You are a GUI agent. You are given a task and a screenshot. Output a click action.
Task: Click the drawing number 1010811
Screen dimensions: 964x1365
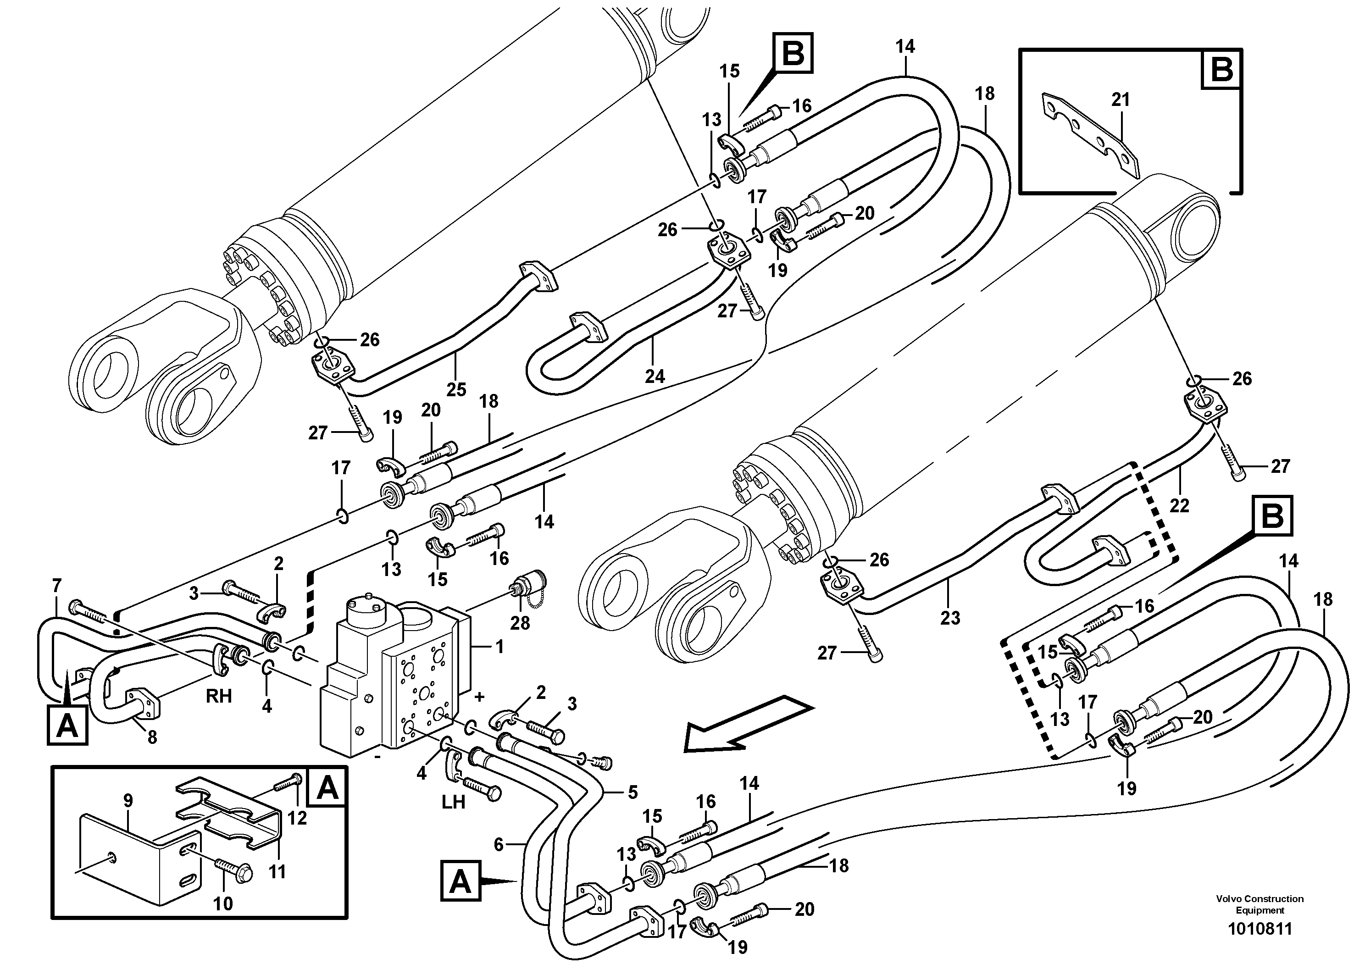click(x=1259, y=928)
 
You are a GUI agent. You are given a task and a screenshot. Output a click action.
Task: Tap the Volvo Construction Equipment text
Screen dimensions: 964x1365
click(x=1259, y=904)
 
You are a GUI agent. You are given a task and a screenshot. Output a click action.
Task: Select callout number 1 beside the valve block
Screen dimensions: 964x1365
click(x=499, y=647)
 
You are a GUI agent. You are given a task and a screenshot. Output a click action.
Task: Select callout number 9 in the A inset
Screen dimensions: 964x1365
click(x=128, y=801)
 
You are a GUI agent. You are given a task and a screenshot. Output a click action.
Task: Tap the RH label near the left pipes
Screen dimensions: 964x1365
click(x=218, y=696)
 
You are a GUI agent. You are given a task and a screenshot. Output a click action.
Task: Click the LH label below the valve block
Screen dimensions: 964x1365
click(x=453, y=803)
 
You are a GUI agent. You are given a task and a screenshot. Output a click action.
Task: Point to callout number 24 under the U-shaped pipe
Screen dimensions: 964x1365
click(x=655, y=376)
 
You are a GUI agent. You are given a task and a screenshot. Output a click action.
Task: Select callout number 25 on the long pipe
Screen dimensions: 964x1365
click(x=456, y=389)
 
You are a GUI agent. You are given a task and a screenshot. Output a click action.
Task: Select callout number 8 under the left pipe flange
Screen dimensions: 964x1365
click(x=152, y=737)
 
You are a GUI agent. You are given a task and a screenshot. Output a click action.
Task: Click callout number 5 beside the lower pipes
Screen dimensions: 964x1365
click(x=632, y=792)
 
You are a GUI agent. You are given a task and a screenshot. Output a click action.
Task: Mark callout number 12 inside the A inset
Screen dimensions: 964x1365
click(x=297, y=818)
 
